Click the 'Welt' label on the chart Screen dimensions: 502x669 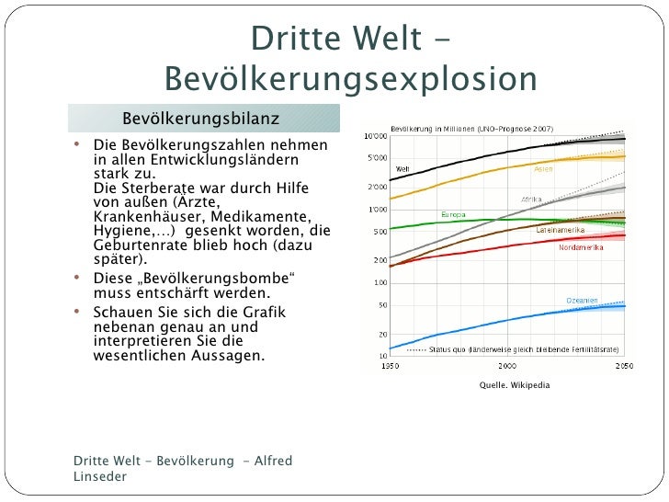(x=403, y=168)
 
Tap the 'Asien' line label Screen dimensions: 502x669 (x=544, y=168)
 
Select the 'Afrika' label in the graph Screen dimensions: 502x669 (x=531, y=199)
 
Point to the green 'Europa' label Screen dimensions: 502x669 (x=453, y=214)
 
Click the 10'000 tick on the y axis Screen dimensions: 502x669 (x=375, y=136)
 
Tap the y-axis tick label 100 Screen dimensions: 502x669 (x=379, y=282)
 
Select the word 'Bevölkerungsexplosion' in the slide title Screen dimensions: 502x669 (x=350, y=79)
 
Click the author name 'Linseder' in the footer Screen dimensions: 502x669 (x=99, y=476)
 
